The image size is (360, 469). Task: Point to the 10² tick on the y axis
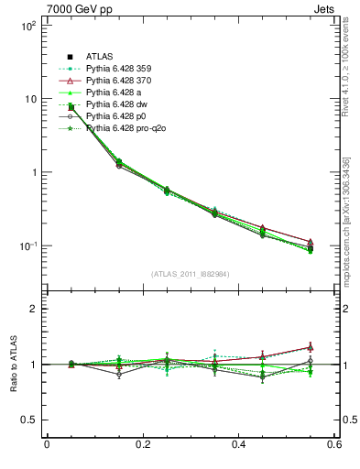27,26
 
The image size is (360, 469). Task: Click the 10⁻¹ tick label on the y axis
27,246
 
